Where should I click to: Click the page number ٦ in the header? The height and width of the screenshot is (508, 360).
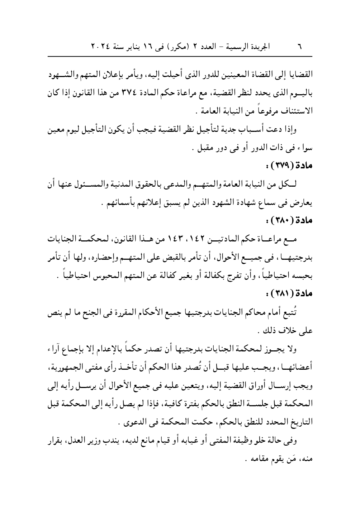click(x=300, y=47)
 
